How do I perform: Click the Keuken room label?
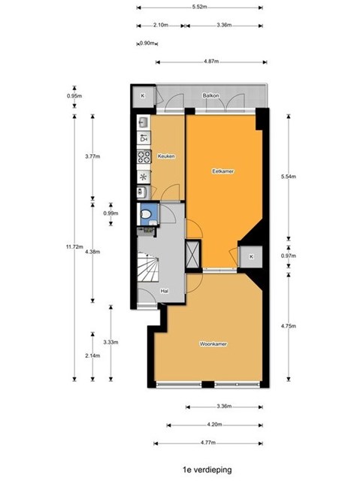click(x=166, y=156)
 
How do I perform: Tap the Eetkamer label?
click(x=223, y=171)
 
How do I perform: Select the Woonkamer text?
click(x=213, y=344)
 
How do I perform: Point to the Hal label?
click(x=165, y=291)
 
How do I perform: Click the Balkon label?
click(x=210, y=95)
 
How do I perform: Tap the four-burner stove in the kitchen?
click(x=144, y=156)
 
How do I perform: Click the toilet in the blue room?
click(x=145, y=213)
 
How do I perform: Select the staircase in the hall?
click(x=148, y=267)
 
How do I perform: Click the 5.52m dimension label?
click(x=200, y=7)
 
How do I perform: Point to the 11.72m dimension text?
click(x=74, y=247)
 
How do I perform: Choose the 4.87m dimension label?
click(x=211, y=62)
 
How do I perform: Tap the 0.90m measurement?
click(x=147, y=44)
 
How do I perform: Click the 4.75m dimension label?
click(x=289, y=325)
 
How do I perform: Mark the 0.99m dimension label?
click(x=110, y=213)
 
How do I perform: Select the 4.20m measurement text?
click(x=214, y=425)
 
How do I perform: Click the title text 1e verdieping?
click(x=207, y=469)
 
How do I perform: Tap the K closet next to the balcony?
click(x=143, y=95)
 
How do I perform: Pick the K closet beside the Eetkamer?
click(x=251, y=256)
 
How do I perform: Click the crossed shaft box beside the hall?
click(x=193, y=254)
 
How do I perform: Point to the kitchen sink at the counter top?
click(x=144, y=122)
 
